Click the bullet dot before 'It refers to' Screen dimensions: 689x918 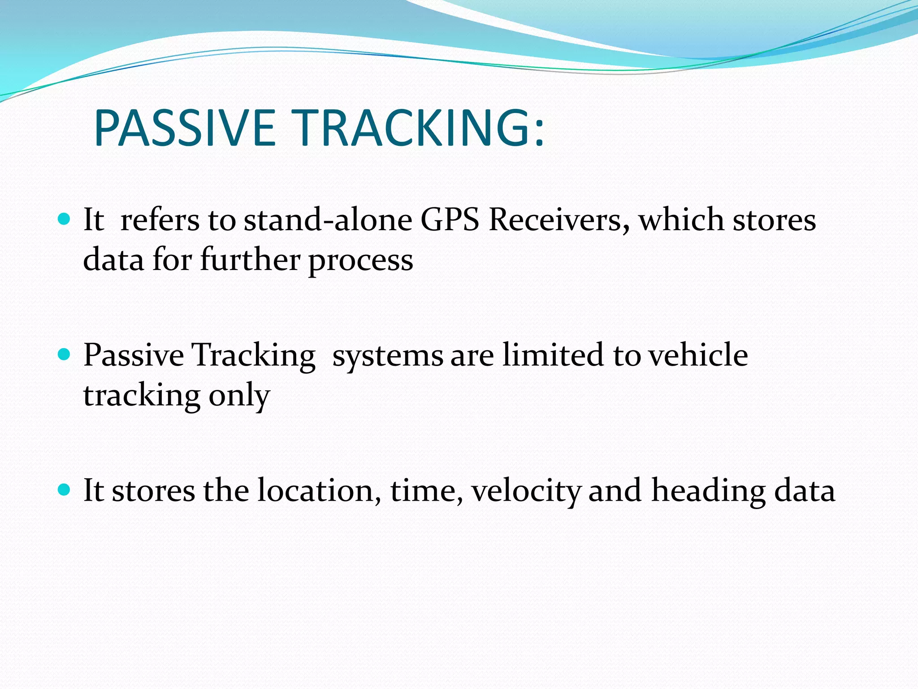pos(65,219)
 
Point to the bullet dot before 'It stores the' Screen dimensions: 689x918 pos(65,490)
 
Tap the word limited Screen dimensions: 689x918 pos(553,355)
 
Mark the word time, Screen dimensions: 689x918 pos(426,490)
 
